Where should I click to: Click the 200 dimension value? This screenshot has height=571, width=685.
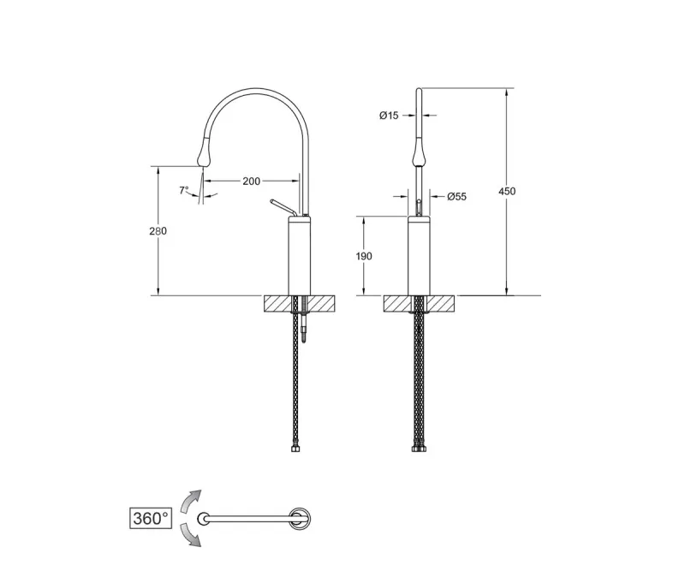pos(251,181)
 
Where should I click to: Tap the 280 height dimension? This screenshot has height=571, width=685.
pos(158,230)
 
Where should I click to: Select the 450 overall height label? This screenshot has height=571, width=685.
pos(507,191)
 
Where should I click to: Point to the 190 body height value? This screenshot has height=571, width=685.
pos(363,256)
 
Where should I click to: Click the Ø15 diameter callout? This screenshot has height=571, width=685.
pos(389,116)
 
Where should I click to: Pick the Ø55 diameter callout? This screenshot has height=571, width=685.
pos(456,197)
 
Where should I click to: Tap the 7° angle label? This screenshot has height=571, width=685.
pos(184,191)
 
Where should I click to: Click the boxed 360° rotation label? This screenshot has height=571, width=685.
pos(151,519)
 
